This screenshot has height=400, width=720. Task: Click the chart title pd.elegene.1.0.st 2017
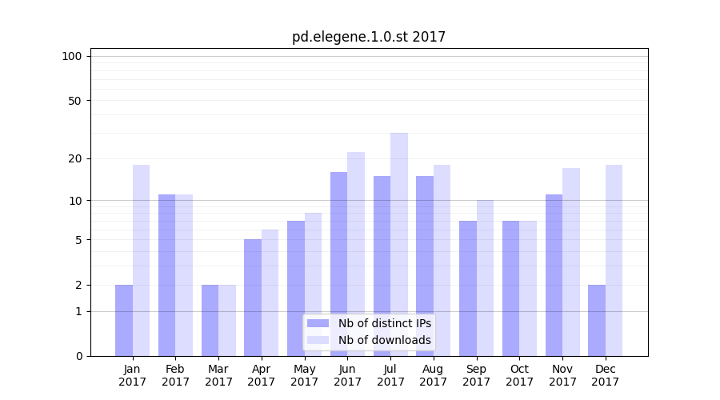click(369, 37)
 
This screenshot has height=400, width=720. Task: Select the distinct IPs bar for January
click(124, 320)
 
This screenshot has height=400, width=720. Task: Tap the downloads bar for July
click(399, 244)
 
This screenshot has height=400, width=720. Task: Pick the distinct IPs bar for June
click(339, 264)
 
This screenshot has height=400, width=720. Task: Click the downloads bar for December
click(614, 260)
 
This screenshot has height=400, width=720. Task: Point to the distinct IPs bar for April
click(253, 298)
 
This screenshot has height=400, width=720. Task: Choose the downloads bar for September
click(485, 278)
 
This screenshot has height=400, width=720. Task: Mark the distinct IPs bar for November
click(554, 275)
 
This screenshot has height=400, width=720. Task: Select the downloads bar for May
click(313, 284)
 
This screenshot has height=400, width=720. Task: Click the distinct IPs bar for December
click(597, 320)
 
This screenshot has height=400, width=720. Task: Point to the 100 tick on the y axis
click(72, 56)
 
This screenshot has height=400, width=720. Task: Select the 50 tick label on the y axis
click(74, 101)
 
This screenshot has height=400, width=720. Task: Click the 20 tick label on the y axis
click(74, 158)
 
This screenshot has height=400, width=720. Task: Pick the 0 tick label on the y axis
click(78, 356)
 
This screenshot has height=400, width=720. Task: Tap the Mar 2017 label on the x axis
click(218, 375)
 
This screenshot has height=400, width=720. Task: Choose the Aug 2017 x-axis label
click(434, 375)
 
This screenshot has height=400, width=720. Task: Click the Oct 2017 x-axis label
click(519, 375)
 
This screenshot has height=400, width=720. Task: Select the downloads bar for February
click(184, 275)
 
